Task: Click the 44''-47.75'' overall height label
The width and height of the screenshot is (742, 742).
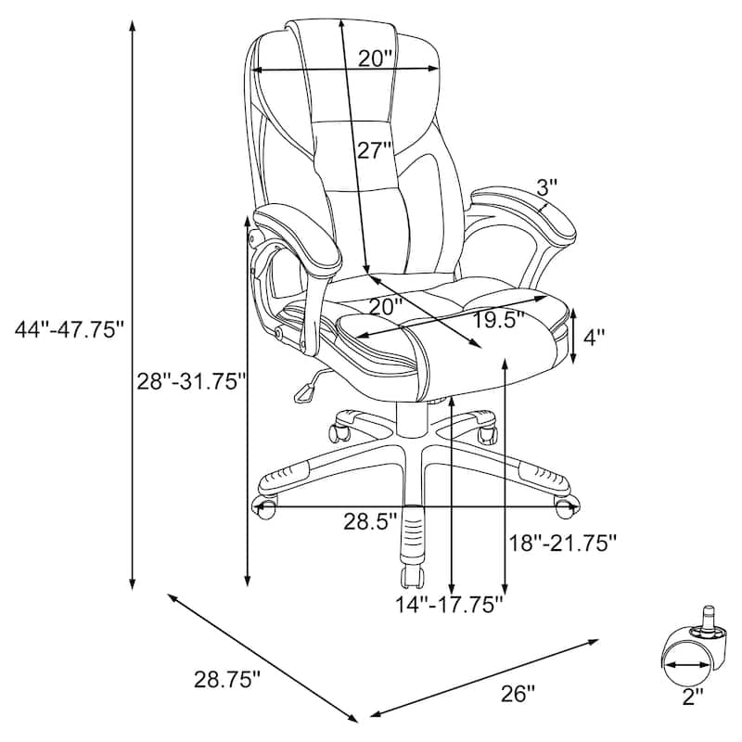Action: [69, 329]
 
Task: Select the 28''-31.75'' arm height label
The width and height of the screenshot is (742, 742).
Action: [192, 381]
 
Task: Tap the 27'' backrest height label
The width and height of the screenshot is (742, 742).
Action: [375, 150]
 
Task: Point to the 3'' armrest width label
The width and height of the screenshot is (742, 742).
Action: [548, 188]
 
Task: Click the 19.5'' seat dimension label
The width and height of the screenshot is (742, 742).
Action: [499, 320]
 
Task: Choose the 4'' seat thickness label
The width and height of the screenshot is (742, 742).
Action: [594, 338]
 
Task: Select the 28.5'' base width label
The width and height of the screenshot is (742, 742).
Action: [369, 522]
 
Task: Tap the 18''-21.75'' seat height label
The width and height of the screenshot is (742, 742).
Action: [563, 543]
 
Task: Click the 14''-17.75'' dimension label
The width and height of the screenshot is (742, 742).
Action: [449, 605]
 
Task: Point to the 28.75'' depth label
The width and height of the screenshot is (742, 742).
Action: [227, 680]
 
